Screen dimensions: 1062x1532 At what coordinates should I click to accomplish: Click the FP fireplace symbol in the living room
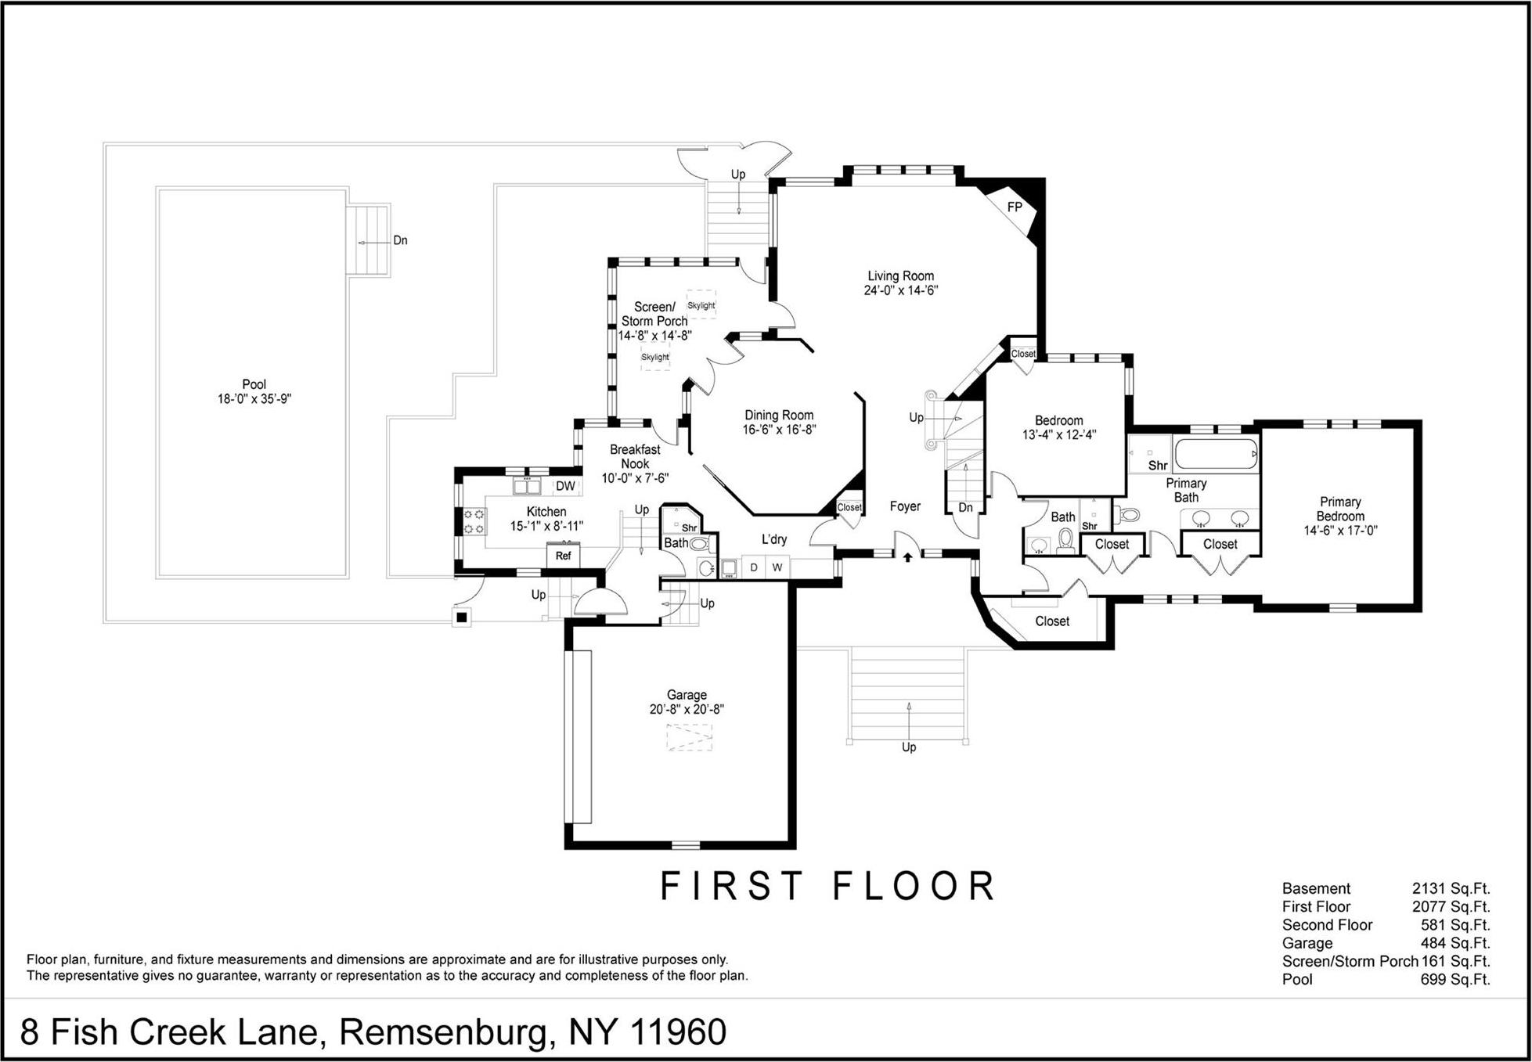pos(1015,207)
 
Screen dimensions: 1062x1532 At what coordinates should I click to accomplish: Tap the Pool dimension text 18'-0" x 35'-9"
pos(254,399)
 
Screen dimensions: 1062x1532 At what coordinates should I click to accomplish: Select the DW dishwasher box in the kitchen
pos(565,486)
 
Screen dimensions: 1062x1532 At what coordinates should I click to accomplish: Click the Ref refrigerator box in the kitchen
pos(563,556)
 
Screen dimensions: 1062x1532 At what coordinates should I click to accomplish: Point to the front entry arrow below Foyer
pos(908,557)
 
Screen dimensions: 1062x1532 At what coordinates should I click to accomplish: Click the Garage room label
pos(687,695)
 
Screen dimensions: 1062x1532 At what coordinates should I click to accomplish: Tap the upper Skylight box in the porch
pos(701,305)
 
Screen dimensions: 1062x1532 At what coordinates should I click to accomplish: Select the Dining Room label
pos(779,416)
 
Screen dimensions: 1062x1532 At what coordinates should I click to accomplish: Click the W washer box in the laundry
pos(777,567)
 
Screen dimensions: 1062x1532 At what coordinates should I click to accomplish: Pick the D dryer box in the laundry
pos(754,567)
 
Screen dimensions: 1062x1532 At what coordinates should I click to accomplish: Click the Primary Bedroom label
pos(1340,509)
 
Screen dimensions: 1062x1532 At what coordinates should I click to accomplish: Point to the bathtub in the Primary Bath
pos(1216,454)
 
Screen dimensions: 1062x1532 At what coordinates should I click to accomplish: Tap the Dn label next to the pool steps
pos(400,240)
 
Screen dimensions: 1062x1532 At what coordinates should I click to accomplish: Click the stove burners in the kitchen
pos(474,521)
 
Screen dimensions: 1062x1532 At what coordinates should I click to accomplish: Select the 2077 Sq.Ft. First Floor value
pos(1451,907)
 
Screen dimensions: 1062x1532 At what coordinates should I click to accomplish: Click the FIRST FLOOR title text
pos(827,887)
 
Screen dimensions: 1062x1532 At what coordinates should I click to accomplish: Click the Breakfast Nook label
pos(635,456)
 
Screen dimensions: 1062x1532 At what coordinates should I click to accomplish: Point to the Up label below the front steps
pos(909,747)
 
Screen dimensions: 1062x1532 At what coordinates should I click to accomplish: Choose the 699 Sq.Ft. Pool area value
pos(1454,980)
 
